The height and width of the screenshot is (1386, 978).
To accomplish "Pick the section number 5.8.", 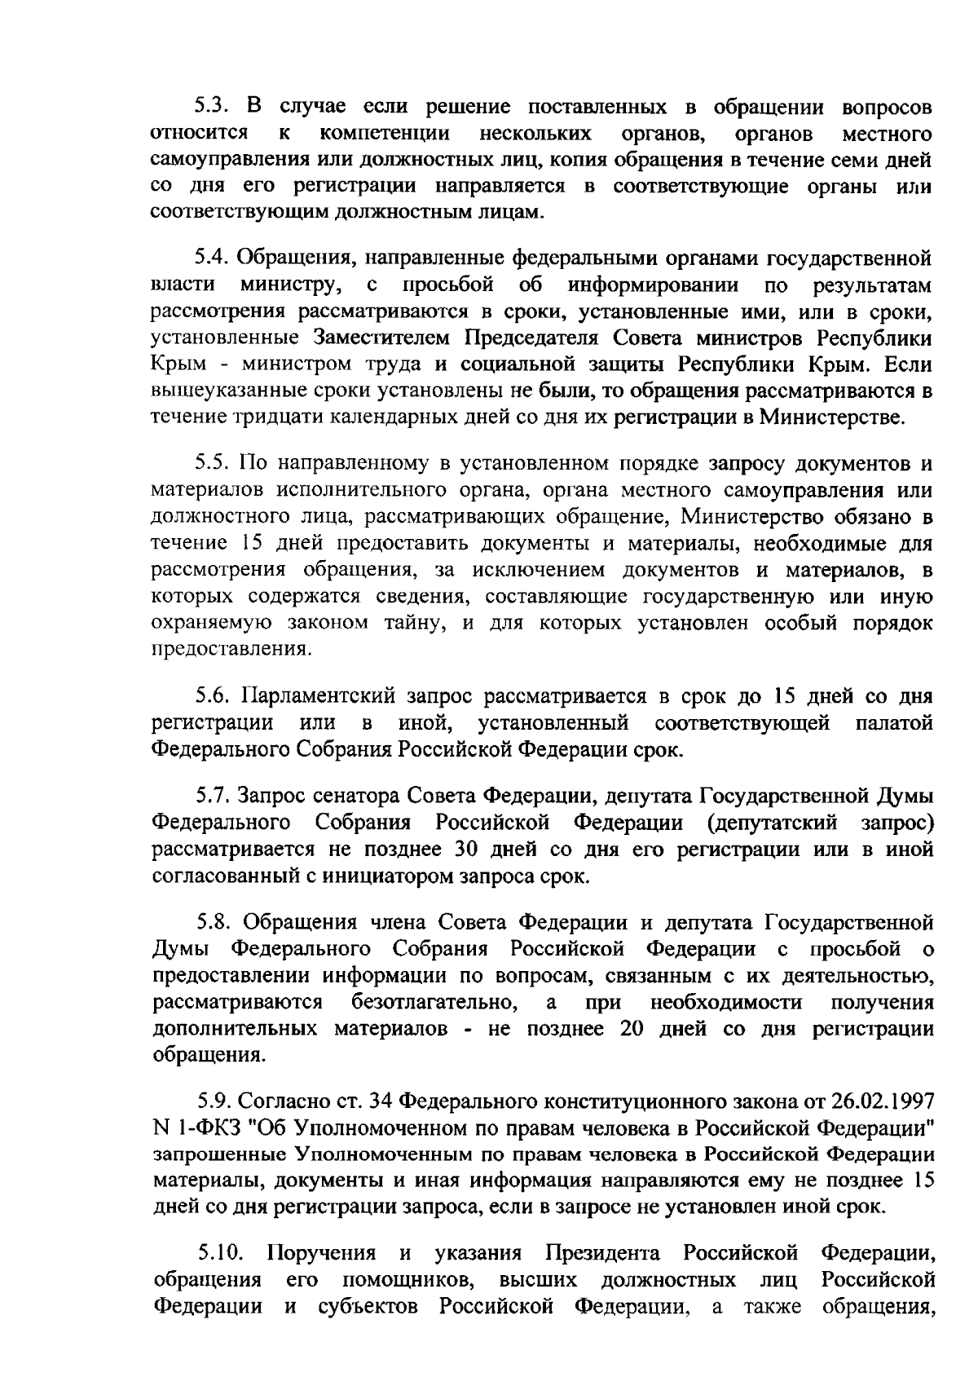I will pos(214,922).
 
